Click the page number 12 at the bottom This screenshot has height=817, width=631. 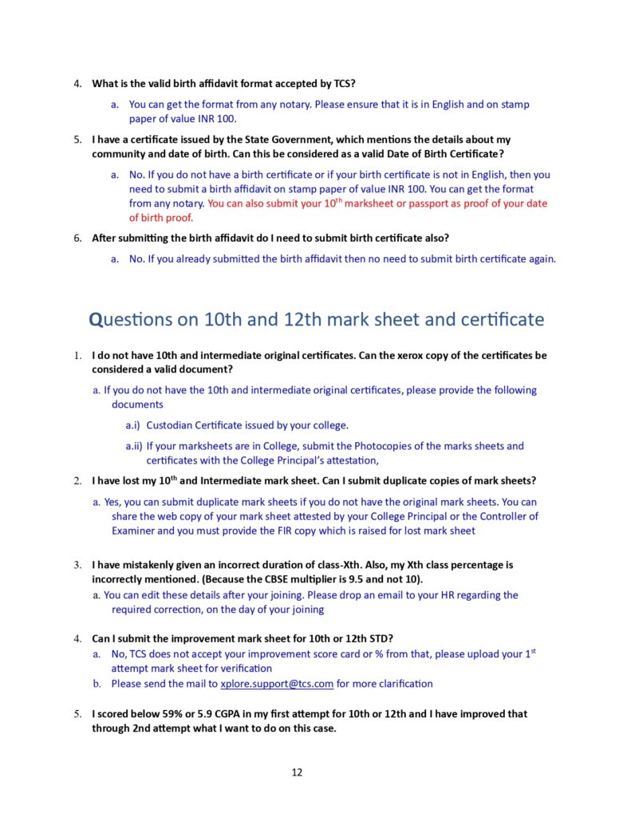point(297,772)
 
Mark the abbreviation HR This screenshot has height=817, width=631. point(449,595)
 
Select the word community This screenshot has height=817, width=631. point(120,153)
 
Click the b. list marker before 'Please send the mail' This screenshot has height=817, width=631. point(97,684)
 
